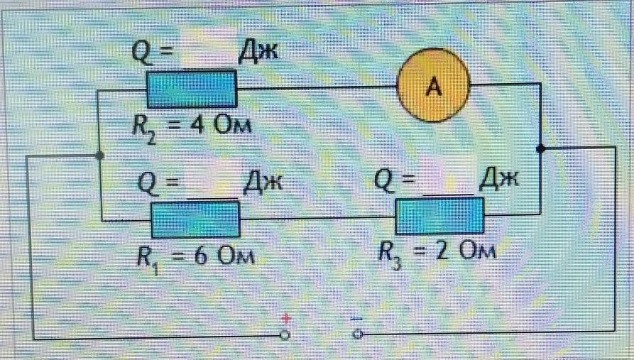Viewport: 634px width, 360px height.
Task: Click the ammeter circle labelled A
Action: tap(433, 87)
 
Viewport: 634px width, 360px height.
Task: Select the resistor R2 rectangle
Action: tap(191, 88)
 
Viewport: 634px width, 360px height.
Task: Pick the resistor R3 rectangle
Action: tap(439, 216)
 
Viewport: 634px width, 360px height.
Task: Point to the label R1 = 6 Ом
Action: tap(196, 255)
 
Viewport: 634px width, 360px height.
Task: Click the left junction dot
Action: tap(100, 155)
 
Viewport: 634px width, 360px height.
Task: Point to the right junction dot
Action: tap(540, 148)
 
